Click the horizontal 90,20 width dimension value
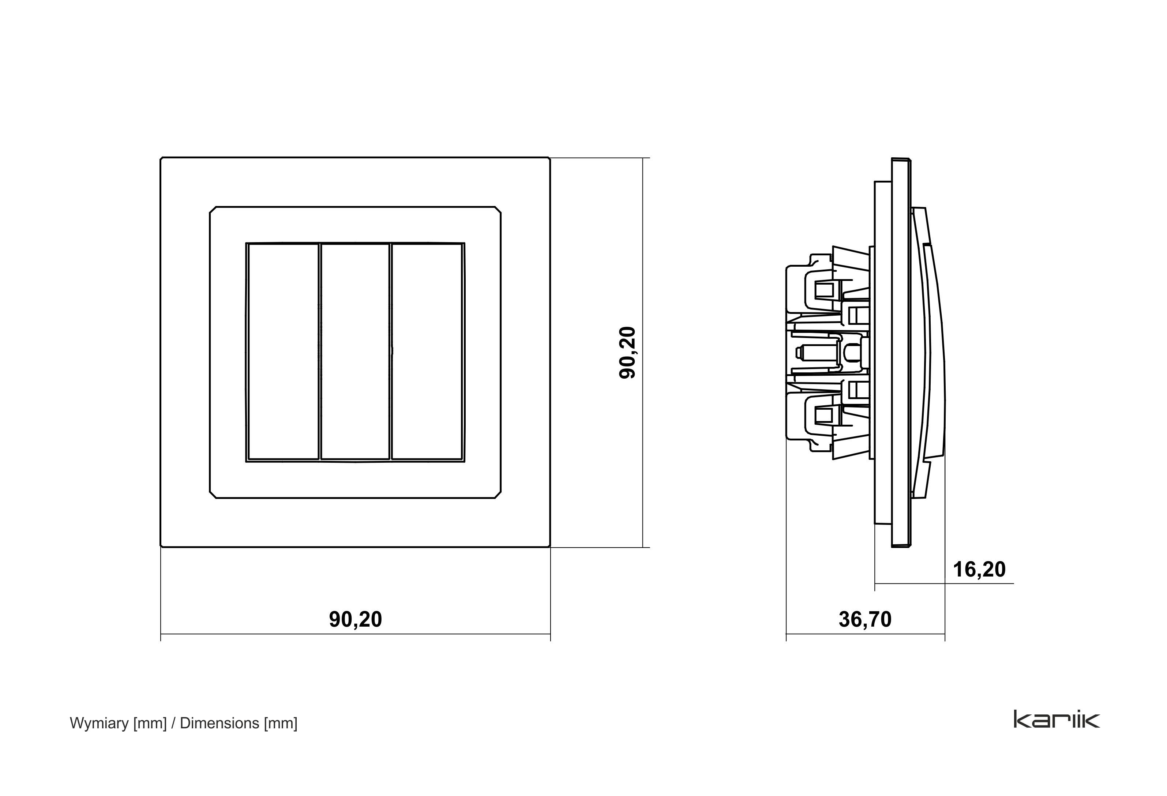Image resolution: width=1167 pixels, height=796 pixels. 356,619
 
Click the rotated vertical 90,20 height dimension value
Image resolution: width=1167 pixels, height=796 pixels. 628,353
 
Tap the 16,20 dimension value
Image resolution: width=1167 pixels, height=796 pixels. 979,570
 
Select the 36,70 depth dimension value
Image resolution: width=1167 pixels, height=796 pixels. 865,619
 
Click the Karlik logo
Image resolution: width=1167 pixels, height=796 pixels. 1057,719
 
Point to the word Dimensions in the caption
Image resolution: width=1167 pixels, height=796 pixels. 219,723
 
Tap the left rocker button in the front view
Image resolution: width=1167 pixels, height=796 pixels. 283,352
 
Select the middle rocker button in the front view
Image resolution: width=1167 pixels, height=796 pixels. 355,352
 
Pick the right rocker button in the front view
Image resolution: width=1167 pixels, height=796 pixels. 427,352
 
